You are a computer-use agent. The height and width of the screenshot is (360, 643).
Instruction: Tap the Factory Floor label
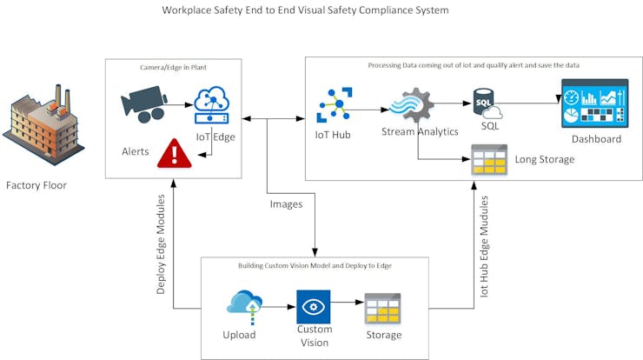(36, 185)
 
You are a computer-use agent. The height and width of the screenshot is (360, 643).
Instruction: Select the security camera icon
(143, 105)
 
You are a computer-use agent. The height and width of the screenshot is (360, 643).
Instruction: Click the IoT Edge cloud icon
(211, 105)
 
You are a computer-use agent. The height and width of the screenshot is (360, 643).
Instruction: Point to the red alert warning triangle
(175, 153)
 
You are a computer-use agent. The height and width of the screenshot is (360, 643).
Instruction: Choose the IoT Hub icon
(334, 105)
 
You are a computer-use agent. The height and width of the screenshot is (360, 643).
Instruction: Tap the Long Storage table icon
(488, 160)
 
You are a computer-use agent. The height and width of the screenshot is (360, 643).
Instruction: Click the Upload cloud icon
(244, 305)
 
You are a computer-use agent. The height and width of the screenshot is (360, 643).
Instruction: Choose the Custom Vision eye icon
(314, 306)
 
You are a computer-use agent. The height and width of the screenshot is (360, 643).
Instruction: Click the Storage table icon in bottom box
(381, 309)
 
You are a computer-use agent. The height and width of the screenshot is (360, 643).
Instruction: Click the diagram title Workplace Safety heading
(305, 11)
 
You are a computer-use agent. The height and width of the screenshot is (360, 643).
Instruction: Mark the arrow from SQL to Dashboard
(530, 103)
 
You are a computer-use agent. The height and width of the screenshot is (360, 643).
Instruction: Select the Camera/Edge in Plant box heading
(174, 67)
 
